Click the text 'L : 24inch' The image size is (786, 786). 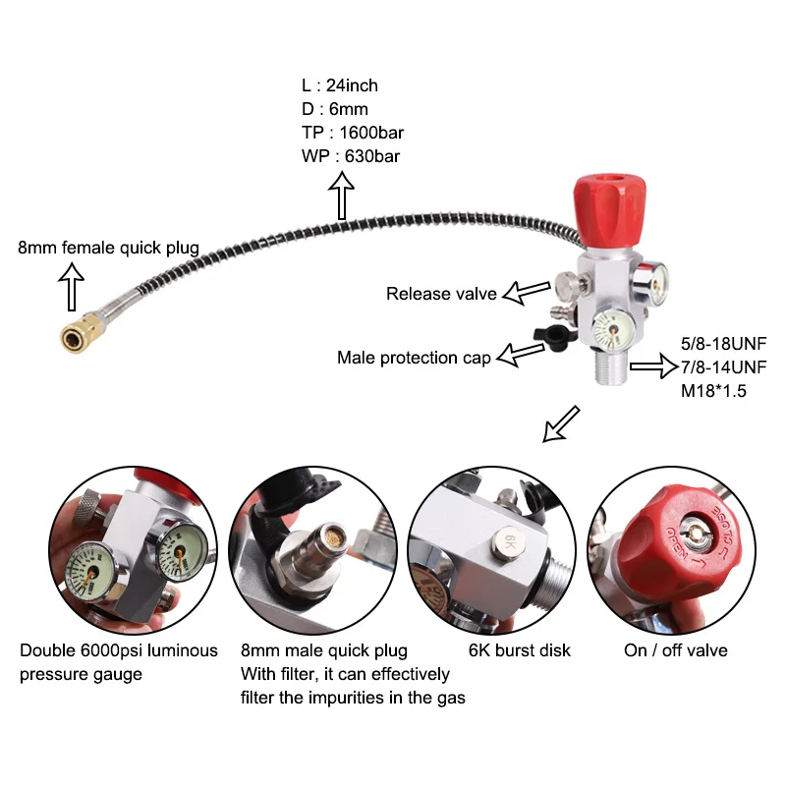tap(339, 85)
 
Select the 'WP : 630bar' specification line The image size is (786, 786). tap(351, 156)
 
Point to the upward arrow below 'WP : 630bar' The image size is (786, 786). tap(342, 197)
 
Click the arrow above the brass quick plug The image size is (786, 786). tap(70, 290)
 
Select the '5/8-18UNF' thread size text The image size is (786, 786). tap(723, 344)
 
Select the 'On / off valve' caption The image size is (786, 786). tap(676, 650)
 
